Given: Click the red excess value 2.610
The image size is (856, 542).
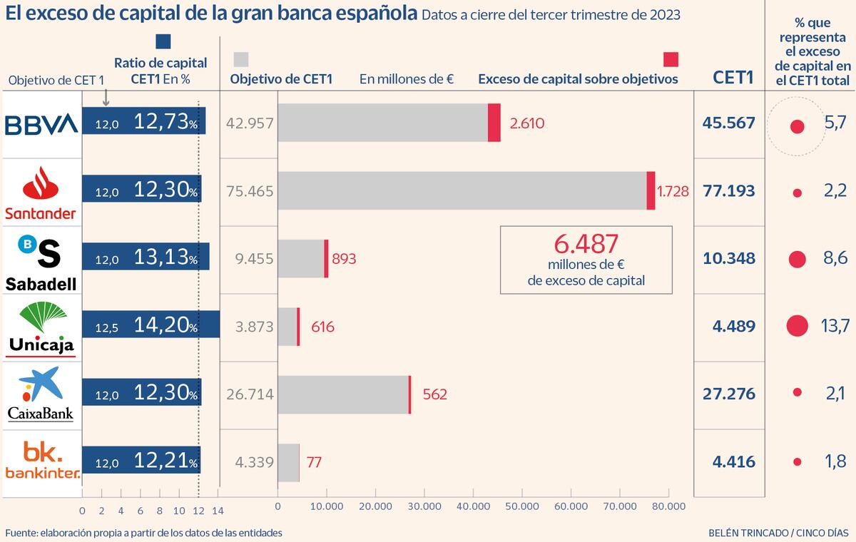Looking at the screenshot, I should [x=527, y=123].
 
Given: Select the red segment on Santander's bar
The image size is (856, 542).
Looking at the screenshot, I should [x=651, y=190].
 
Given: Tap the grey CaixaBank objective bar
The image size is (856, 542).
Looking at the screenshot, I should [x=342, y=394].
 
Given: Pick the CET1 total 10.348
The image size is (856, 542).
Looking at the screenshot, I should [x=728, y=258].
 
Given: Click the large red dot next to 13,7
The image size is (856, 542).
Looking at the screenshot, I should [x=797, y=326].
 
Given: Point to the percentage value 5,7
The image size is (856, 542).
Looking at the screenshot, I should [x=834, y=124].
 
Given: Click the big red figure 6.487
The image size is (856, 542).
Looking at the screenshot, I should [x=586, y=244].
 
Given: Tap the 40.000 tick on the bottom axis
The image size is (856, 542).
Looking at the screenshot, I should [x=472, y=506].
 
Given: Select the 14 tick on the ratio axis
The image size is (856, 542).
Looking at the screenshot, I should [x=218, y=511].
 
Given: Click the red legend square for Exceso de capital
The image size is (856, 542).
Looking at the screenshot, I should [x=671, y=58].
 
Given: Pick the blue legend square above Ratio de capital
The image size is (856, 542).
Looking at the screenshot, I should [x=163, y=42].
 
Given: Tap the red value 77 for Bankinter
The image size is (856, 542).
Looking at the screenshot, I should [x=314, y=462].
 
